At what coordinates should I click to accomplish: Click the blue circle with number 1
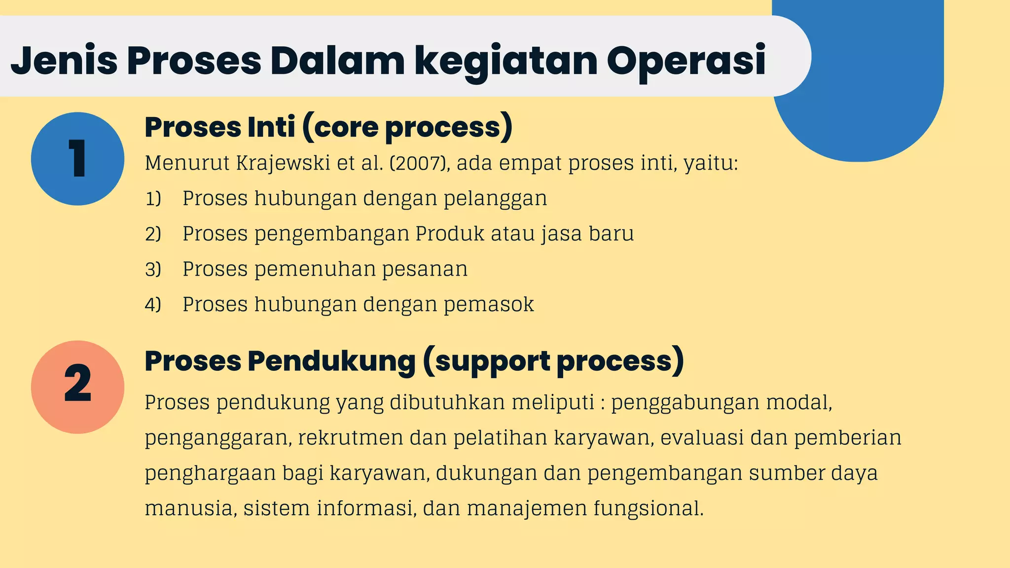(77, 159)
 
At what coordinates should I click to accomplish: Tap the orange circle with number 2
(77, 387)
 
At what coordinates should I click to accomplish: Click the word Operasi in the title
(686, 61)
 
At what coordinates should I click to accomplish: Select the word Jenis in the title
(64, 61)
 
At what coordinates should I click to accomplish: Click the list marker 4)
(153, 305)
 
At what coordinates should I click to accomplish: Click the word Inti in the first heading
(271, 127)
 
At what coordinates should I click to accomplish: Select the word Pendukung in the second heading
(331, 361)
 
